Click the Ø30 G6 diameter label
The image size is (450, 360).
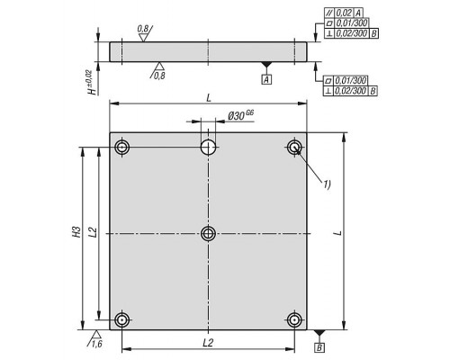click(x=241, y=115)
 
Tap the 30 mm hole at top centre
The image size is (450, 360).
click(x=208, y=148)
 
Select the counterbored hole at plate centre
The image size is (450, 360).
click(x=208, y=234)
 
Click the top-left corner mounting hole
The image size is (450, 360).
click(x=121, y=148)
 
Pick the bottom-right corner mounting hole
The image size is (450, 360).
click(x=294, y=320)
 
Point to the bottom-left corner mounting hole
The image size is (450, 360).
click(x=121, y=320)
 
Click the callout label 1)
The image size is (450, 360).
click(x=327, y=184)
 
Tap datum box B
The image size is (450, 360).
click(x=319, y=347)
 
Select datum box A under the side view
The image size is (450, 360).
click(x=266, y=80)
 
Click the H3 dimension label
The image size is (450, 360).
click(x=77, y=231)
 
